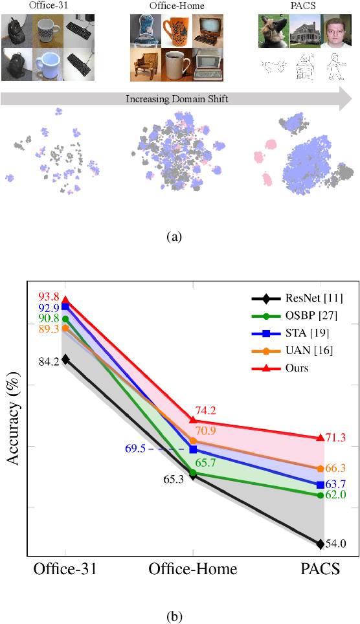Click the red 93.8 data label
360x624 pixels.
point(50,297)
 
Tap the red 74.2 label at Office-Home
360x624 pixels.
point(207,410)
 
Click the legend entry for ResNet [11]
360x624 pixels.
point(299,298)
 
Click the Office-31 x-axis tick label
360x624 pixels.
point(65,570)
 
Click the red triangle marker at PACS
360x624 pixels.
point(320,438)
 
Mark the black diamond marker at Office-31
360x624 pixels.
point(65,359)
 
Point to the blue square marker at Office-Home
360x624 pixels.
point(193,449)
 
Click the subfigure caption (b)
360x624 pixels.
point(174,616)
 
